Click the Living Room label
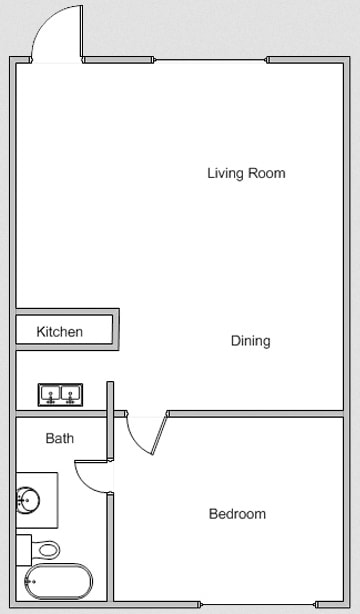click(246, 173)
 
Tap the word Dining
click(250, 341)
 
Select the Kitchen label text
click(60, 331)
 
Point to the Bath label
click(60, 438)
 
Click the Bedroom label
click(237, 514)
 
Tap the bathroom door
click(92, 475)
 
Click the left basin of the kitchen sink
click(50, 394)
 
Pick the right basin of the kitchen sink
click(70, 394)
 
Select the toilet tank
click(23, 550)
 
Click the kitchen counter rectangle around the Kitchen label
click(100, 331)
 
